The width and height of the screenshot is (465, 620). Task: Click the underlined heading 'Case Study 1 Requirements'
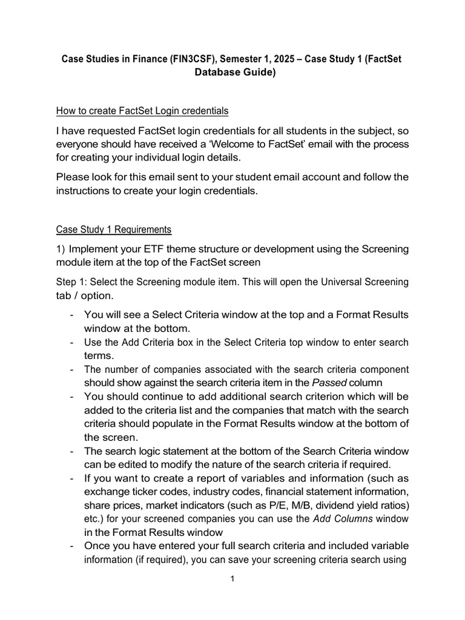point(114,229)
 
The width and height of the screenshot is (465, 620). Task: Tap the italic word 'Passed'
point(328,383)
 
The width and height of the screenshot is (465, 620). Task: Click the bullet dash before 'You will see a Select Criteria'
point(73,315)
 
